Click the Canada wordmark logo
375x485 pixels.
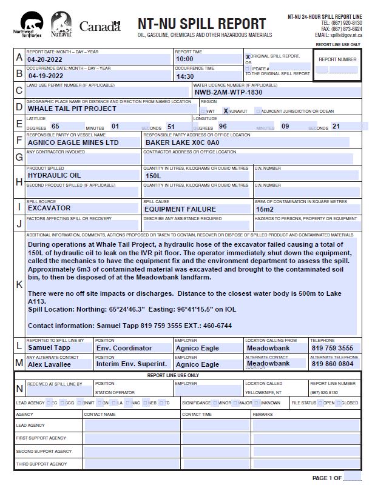100,27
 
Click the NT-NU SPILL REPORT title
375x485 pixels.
201,24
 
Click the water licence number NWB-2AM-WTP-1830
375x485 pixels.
229,93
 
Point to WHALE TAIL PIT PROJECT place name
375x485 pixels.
72,109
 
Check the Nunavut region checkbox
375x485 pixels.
226,111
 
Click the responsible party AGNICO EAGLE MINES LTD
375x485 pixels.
73,142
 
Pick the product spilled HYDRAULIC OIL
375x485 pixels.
54,175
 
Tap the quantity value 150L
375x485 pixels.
154,176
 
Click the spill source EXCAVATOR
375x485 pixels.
49,208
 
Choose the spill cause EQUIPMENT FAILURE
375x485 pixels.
180,209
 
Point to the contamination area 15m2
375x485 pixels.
265,209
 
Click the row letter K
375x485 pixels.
19,284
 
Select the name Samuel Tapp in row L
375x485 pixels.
49,348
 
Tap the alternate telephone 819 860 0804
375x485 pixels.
332,364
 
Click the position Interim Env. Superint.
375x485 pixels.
132,364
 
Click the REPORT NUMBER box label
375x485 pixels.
337,59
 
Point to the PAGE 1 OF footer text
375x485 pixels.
327,478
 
